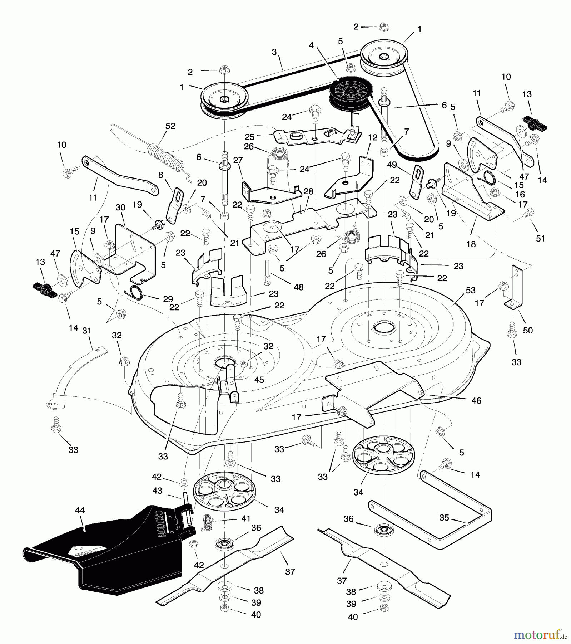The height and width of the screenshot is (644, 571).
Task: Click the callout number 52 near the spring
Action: [170, 126]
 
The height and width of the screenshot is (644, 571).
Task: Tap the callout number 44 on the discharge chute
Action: [80, 511]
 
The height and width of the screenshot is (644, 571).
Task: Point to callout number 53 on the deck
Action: [471, 290]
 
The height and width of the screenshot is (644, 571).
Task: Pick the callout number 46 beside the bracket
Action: [476, 400]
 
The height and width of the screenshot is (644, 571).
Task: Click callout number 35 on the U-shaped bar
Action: [444, 518]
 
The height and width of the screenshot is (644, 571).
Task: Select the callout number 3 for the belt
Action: [274, 52]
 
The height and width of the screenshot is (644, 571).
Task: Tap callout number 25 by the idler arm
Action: [249, 137]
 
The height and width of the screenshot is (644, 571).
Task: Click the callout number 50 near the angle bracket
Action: [528, 330]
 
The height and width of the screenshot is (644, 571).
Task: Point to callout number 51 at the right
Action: [541, 238]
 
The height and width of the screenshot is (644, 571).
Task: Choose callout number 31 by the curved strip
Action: [87, 331]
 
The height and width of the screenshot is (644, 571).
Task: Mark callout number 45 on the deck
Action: [259, 380]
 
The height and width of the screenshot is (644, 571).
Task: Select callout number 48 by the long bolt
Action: [298, 287]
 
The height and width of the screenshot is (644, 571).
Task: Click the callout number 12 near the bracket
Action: [373, 138]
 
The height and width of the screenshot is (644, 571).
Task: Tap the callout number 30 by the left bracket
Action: [120, 207]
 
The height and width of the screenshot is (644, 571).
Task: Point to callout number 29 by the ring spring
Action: [168, 299]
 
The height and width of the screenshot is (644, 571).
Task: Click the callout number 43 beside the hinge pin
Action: [157, 491]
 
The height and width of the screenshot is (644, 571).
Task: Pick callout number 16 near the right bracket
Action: [520, 194]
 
